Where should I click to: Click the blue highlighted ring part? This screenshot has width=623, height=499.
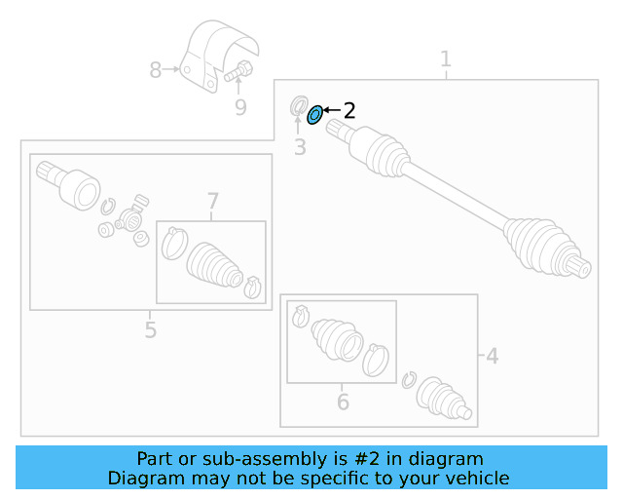[314, 116]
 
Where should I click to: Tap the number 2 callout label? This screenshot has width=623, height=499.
[349, 111]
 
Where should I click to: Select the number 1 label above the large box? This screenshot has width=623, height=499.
[446, 59]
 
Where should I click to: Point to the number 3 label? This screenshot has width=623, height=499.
[300, 148]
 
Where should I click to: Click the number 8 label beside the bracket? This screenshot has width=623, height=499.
[156, 70]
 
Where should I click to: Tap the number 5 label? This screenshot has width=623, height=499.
[150, 330]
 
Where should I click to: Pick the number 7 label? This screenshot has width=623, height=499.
[213, 203]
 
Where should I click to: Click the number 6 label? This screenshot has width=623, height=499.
[343, 402]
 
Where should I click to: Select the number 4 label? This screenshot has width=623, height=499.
[493, 357]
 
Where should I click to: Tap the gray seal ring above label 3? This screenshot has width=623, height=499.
[300, 105]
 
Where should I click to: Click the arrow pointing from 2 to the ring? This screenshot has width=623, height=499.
[330, 111]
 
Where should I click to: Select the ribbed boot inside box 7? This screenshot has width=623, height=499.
[212, 262]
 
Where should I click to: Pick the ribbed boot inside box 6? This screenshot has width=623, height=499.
[336, 339]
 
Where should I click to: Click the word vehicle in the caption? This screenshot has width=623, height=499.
[477, 478]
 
